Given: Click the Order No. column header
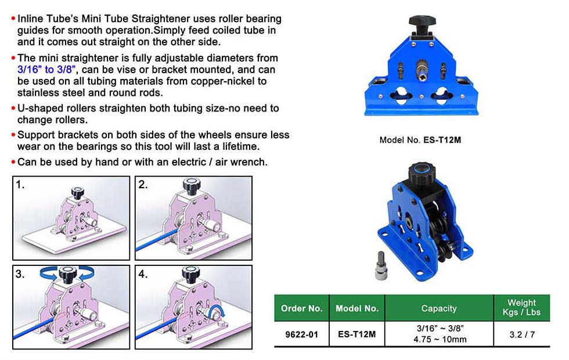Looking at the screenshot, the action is click(301, 308).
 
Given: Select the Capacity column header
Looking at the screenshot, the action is click(439, 308).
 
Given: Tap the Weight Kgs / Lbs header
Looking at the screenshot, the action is click(521, 307).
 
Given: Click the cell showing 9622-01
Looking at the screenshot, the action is click(301, 334).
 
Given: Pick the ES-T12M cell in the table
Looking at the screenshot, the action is click(356, 334).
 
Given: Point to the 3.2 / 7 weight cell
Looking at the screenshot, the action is click(522, 334).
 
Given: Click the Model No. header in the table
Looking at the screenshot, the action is click(356, 308).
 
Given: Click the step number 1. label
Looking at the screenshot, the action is click(20, 185).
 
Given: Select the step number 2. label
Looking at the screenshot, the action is click(143, 185).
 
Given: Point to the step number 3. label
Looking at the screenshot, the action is click(20, 274).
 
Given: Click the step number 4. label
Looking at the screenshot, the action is click(143, 274).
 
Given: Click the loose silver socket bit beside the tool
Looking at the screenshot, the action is click(381, 265).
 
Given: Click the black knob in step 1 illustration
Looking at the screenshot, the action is click(78, 193).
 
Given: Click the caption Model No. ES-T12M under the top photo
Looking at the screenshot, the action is click(420, 140).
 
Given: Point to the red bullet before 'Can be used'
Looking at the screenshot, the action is click(13, 162).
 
